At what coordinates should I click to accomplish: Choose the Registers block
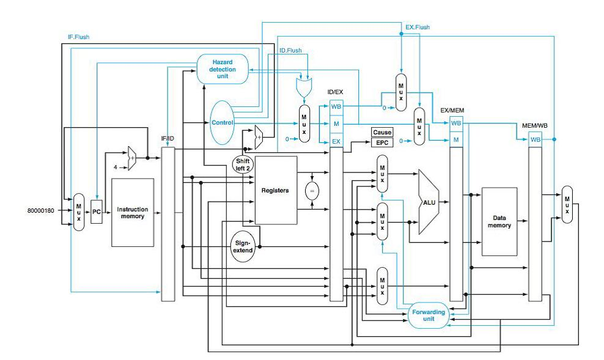pos(275,190)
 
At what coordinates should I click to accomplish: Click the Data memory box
pos(504,221)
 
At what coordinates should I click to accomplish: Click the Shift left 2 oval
pos(243,164)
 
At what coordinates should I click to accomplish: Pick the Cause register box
pos(382,132)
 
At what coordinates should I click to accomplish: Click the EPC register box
pos(382,143)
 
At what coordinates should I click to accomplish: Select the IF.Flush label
pos(78,37)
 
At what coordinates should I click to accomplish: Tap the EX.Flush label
pos(418,27)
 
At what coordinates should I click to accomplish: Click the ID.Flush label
pos(290,50)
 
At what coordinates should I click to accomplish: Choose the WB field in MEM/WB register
pos(536,139)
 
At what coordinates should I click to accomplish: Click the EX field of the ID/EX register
pos(336,141)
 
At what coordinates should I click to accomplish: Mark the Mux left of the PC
pos(78,212)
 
